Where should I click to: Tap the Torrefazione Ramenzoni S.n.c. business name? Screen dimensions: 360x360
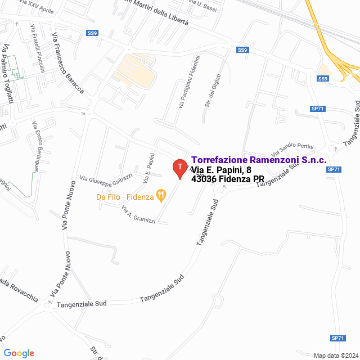pyautogui.click(x=259, y=160)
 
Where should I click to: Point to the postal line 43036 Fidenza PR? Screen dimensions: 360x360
pyautogui.click(x=228, y=179)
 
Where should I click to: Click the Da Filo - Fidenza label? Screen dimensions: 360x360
pyautogui.click(x=125, y=197)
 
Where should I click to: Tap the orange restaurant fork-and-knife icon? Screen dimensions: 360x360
pyautogui.click(x=161, y=196)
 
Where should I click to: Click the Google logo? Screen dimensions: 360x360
pyautogui.click(x=19, y=353)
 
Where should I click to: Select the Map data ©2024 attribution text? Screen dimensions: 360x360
pyautogui.click(x=335, y=355)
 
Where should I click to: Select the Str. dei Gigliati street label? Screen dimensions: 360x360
pyautogui.click(x=211, y=90)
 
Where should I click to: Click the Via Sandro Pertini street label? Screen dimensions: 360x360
pyautogui.click(x=291, y=148)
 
